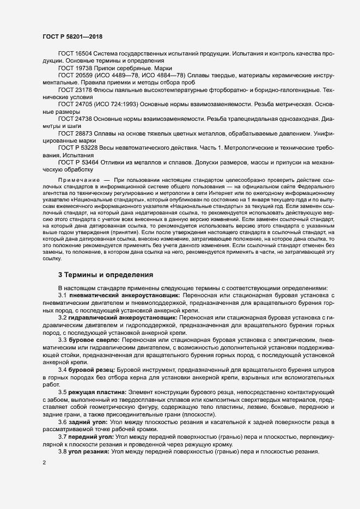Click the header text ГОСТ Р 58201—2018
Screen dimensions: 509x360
coord(72,36)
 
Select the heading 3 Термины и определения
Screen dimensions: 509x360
coord(106,275)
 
